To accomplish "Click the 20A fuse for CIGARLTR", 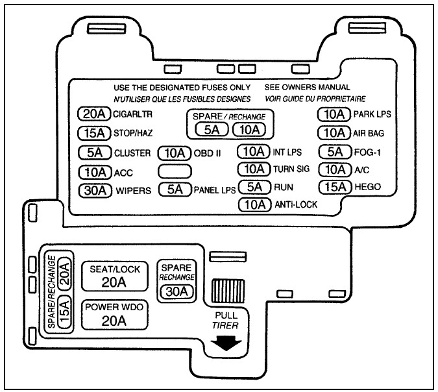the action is point(94,114).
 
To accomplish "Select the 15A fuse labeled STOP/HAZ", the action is point(94,133).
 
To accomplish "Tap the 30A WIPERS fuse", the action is point(95,191).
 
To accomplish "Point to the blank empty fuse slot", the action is point(175,171).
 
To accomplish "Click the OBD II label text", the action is point(207,153).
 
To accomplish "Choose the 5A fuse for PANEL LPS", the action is point(175,190).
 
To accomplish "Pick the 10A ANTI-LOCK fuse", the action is point(255,205).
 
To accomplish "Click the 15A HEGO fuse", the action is point(335,187).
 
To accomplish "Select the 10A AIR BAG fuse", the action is point(334,132).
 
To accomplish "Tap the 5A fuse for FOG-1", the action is point(335,152).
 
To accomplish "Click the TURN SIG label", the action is point(291,169).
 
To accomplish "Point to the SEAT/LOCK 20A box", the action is point(114,276).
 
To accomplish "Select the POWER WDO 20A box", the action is point(114,315).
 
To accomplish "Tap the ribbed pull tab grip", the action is point(228,291).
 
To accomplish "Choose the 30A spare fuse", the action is point(176,292).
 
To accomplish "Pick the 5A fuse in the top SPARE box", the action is point(212,130).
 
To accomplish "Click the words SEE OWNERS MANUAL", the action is point(308,88).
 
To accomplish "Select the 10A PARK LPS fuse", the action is point(334,114).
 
